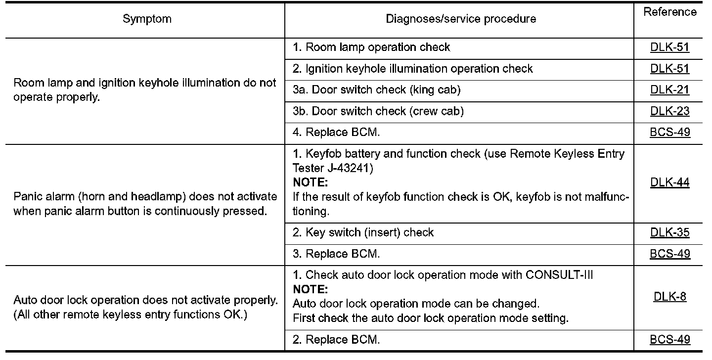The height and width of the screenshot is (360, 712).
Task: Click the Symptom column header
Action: click(x=147, y=19)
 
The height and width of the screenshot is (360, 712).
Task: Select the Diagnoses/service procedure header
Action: click(x=461, y=19)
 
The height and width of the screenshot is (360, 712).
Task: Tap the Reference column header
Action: click(x=669, y=12)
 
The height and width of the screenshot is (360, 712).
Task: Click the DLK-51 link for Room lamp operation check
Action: click(x=669, y=47)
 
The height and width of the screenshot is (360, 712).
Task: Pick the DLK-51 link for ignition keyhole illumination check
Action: click(x=669, y=69)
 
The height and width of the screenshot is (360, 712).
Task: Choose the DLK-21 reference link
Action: click(x=669, y=90)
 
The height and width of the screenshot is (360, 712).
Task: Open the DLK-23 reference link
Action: click(x=669, y=111)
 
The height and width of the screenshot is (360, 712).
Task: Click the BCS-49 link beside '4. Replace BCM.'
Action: click(x=669, y=133)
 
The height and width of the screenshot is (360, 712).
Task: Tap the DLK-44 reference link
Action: click(x=669, y=182)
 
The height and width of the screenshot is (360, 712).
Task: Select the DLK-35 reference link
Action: click(x=669, y=233)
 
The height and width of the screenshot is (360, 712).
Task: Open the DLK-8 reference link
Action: click(x=669, y=297)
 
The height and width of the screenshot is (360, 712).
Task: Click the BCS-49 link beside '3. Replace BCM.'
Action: click(x=669, y=254)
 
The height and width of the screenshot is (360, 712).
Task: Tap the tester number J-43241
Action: click(x=350, y=168)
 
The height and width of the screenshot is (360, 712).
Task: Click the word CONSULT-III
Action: click(x=559, y=275)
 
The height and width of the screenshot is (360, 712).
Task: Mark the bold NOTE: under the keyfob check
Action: click(x=310, y=182)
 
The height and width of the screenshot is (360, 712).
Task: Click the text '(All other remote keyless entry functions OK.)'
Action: click(x=131, y=315)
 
